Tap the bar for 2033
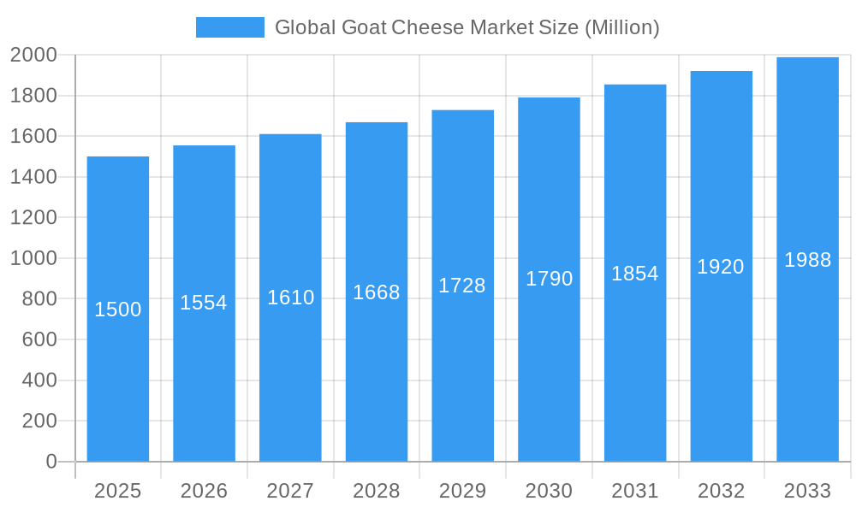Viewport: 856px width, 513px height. [x=807, y=359]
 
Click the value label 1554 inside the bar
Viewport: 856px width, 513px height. [x=204, y=303]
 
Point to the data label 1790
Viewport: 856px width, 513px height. [x=549, y=279]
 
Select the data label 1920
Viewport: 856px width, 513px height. [x=721, y=267]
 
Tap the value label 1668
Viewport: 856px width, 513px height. [x=377, y=292]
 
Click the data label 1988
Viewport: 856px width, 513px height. [x=807, y=260]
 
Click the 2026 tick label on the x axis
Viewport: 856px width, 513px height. [x=204, y=491]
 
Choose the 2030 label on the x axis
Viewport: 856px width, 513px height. [x=549, y=491]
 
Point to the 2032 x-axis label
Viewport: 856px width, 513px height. [x=721, y=491]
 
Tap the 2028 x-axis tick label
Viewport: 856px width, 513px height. [x=377, y=491]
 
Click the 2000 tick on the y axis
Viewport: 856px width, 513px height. [x=33, y=56]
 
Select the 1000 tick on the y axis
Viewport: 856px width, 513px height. [x=33, y=258]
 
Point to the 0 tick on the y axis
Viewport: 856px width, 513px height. [x=51, y=462]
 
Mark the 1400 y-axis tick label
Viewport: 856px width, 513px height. [x=33, y=177]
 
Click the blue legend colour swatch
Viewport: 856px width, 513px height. [x=229, y=27]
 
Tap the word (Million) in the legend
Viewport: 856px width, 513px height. [x=621, y=27]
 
